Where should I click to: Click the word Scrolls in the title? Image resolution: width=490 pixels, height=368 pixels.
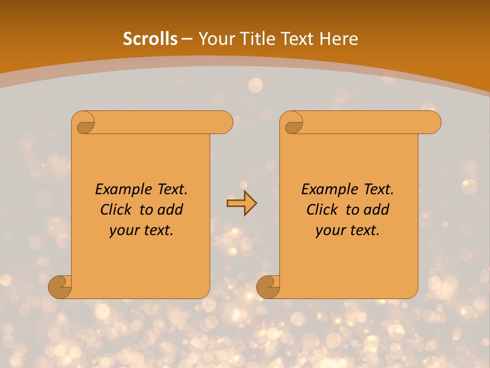(151, 39)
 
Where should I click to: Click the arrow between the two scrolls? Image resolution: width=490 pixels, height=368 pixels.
(241, 203)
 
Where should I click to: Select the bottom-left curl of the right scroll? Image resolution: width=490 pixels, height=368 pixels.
(268, 287)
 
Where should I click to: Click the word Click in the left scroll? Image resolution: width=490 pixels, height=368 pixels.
(117, 210)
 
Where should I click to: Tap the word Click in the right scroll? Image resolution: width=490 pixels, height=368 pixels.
(323, 210)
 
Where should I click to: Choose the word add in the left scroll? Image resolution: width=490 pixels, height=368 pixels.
(170, 210)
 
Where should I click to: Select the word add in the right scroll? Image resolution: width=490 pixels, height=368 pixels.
(377, 210)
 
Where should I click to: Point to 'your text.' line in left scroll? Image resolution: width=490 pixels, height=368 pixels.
(141, 231)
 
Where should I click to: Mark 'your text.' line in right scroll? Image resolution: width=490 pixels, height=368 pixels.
(348, 231)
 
